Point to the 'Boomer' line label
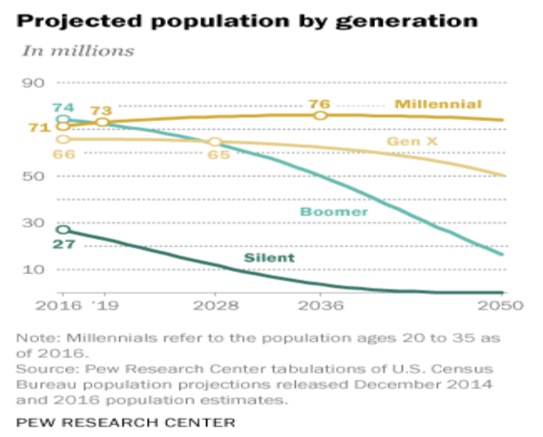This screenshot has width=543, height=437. (334, 211)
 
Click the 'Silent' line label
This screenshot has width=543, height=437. (270, 259)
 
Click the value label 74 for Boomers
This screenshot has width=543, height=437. (63, 106)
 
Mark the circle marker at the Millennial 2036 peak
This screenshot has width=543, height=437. (320, 116)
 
